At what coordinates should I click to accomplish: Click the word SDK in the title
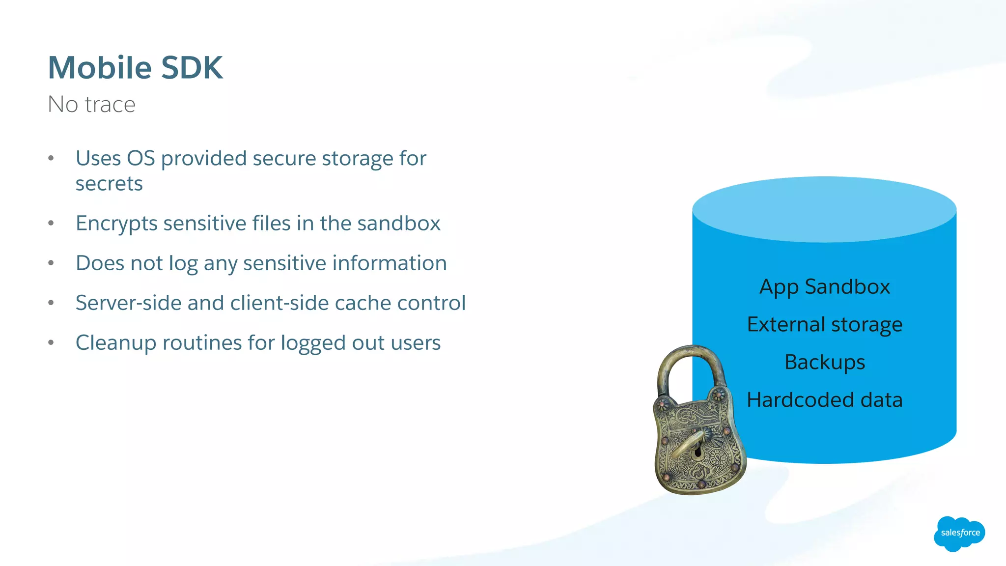coord(192,67)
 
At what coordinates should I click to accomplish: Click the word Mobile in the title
coord(100,67)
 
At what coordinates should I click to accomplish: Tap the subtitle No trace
coord(91,104)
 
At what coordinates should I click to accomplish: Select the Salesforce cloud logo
coord(959,533)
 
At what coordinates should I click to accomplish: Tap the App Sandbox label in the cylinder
coord(824,286)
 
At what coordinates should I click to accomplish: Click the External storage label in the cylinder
coord(824,324)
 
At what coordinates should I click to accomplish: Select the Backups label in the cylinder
coord(824,362)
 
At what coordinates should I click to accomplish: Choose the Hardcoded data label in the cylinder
coord(824,400)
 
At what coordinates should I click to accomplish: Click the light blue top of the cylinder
coord(824,209)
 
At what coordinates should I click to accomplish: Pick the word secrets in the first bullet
coord(109,184)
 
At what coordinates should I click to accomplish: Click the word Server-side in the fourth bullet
coord(128,303)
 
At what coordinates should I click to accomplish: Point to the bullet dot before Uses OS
coord(51,158)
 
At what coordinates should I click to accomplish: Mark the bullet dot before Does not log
coord(51,263)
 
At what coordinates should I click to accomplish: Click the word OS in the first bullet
coord(141,158)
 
